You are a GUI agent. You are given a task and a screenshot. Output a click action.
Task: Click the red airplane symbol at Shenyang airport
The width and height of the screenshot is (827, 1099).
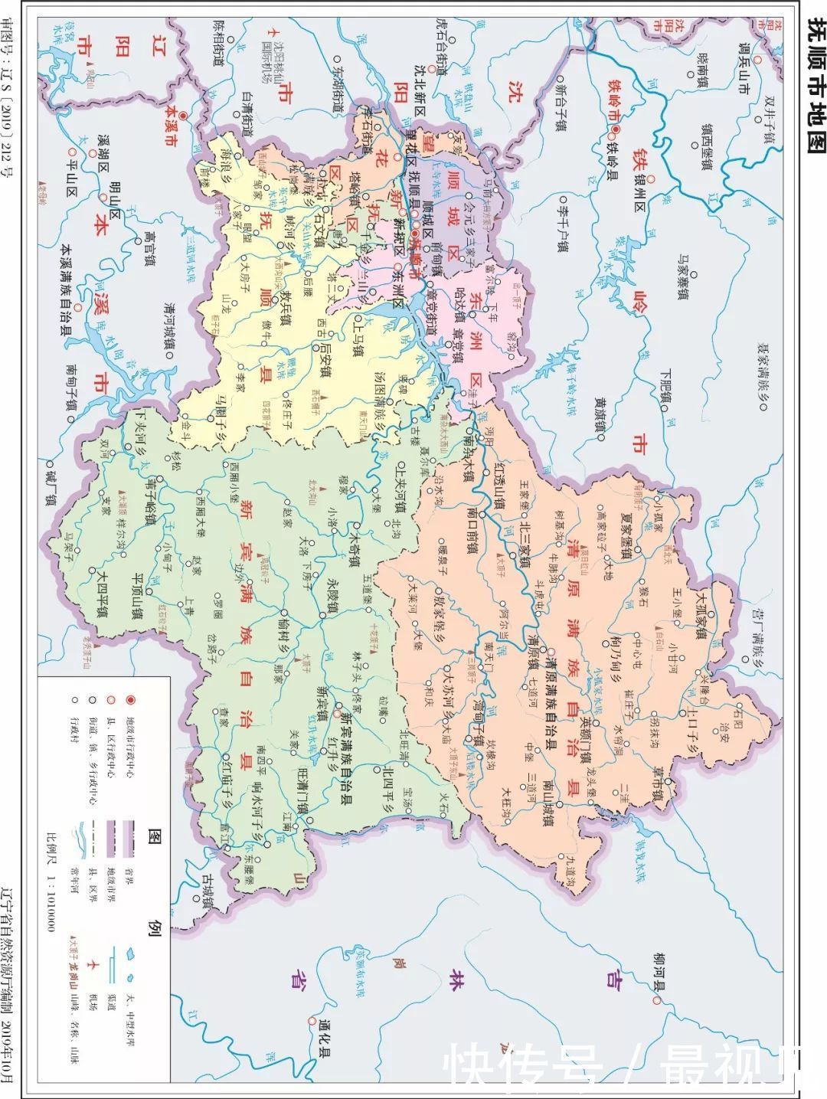point(270,31)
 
